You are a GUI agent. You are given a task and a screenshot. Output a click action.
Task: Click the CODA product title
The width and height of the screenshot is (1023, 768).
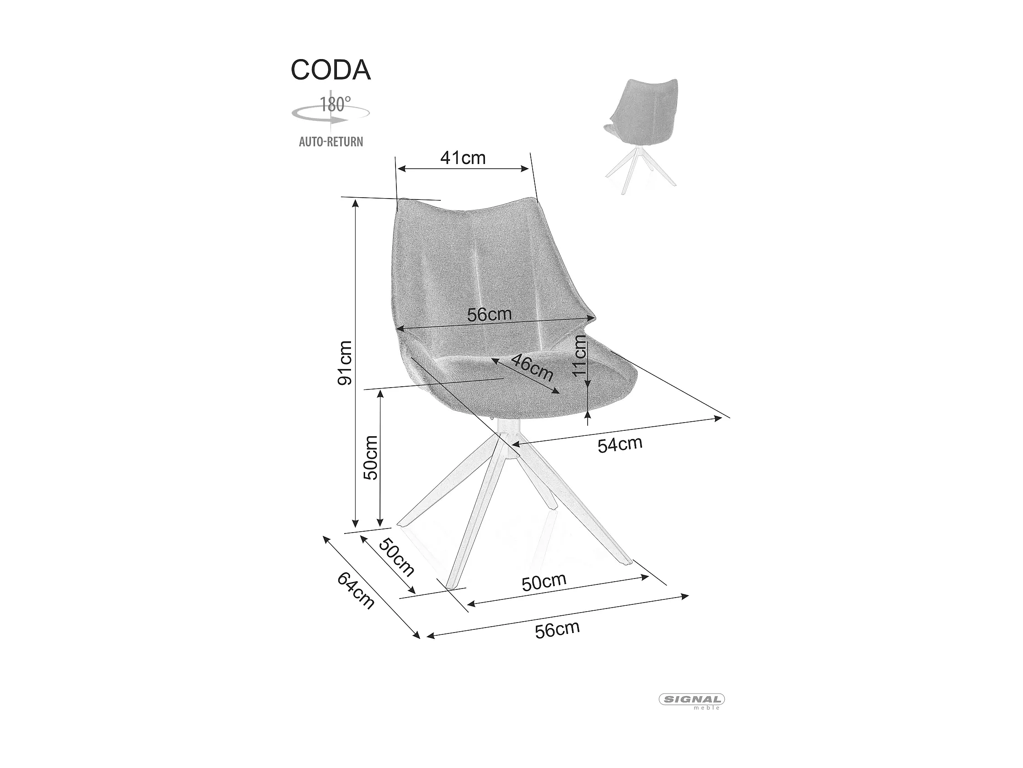pos(330,70)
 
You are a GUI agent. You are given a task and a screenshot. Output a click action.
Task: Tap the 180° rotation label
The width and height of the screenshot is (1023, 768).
pos(335,104)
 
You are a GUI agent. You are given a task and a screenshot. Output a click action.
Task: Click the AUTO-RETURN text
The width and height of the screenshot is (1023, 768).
pos(331,142)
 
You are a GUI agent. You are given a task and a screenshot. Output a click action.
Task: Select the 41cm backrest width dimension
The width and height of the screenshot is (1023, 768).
pos(463,158)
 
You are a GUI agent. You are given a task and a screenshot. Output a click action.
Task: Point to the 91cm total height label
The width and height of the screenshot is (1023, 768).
pos(345,363)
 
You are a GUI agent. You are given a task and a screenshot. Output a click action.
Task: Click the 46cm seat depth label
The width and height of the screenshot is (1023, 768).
pos(532,367)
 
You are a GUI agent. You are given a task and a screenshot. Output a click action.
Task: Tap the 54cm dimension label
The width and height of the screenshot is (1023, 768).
pos(620,444)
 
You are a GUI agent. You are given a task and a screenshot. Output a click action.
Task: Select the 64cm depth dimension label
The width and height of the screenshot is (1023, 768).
pos(355,591)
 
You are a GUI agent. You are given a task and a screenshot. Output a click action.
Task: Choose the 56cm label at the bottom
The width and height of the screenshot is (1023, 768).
pos(557,629)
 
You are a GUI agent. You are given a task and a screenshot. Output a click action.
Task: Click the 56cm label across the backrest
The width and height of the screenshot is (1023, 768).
pos(489,314)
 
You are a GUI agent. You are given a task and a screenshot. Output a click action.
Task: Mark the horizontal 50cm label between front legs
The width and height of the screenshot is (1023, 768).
pos(544,582)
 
